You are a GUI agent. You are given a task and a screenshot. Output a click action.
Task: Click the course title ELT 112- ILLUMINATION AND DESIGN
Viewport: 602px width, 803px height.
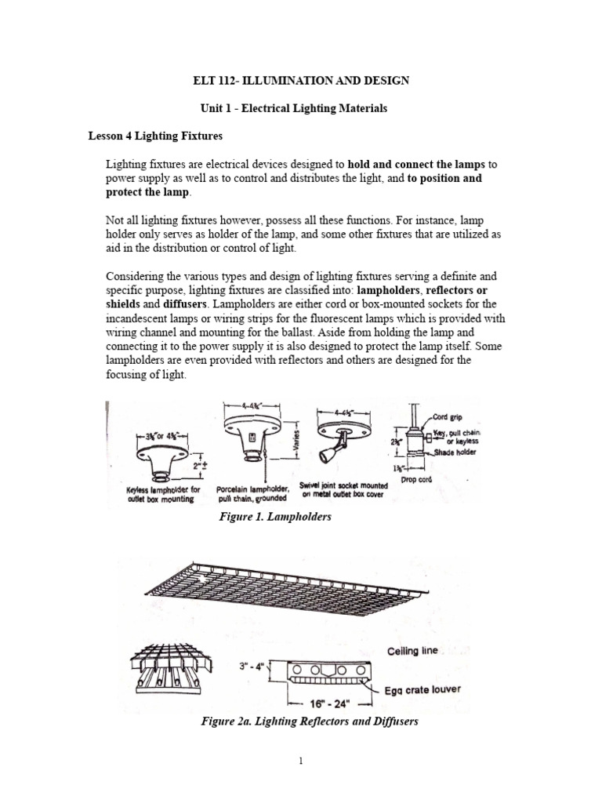[301, 81]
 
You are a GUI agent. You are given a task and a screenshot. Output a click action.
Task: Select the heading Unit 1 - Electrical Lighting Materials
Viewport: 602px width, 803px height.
[301, 108]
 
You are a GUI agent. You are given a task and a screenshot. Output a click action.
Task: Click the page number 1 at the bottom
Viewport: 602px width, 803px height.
[301, 781]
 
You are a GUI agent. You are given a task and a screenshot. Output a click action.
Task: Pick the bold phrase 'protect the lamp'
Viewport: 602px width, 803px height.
[147, 192]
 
